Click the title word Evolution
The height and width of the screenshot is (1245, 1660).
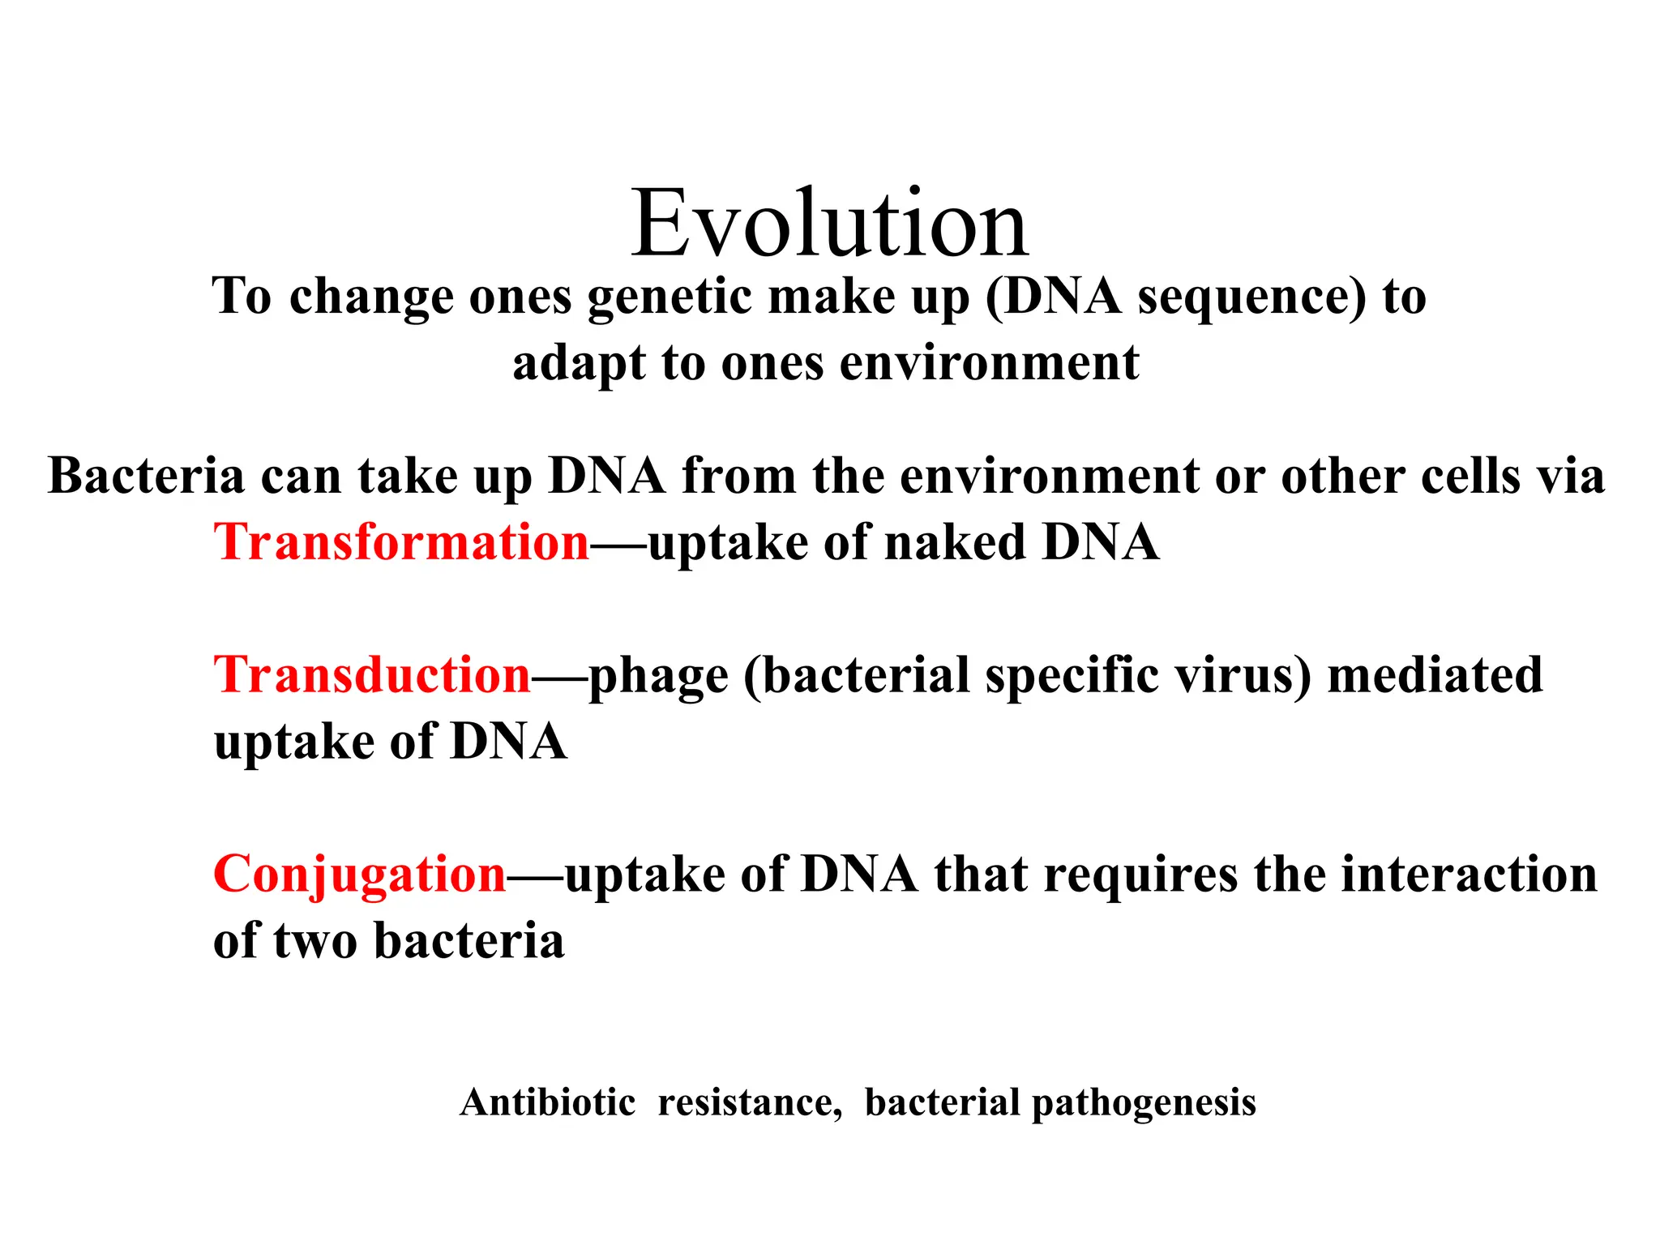[x=830, y=223]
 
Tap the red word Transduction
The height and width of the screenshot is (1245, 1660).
[x=372, y=674]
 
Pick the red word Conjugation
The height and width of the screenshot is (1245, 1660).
[x=360, y=874]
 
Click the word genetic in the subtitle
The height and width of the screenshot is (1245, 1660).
[x=670, y=297]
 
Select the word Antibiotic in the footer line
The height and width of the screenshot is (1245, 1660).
[x=548, y=1102]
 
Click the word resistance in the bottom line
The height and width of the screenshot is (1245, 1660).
[x=750, y=1102]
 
